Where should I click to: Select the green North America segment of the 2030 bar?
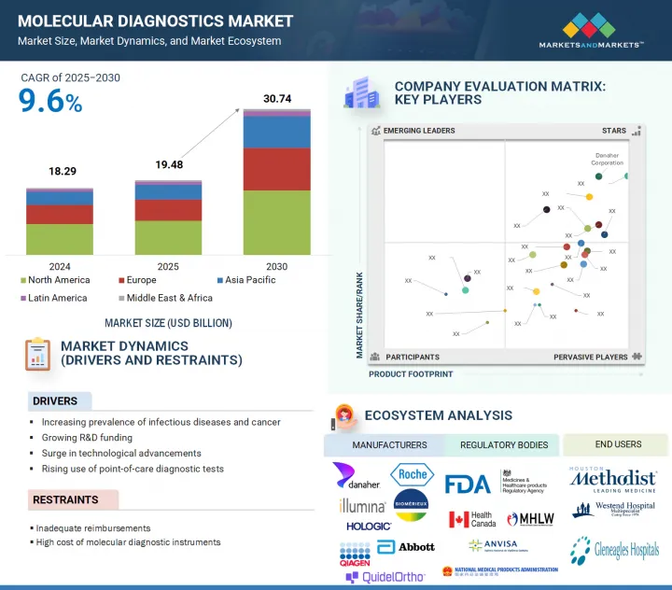tap(277, 222)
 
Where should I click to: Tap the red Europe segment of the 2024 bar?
tap(60, 215)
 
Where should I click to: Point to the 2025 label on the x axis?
tap(168, 267)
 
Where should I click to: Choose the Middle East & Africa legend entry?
tap(169, 298)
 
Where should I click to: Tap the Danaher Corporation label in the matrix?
tap(607, 160)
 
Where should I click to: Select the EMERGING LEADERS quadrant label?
tap(419, 131)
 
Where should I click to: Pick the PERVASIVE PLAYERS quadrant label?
tap(591, 357)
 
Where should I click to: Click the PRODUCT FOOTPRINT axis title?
tap(411, 374)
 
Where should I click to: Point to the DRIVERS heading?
tap(55, 401)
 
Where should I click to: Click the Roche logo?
tap(412, 474)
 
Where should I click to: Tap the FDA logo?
tap(468, 484)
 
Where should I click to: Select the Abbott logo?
tap(407, 546)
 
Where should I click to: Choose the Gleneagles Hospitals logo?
tap(615, 551)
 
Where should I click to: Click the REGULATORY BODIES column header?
tap(503, 445)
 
